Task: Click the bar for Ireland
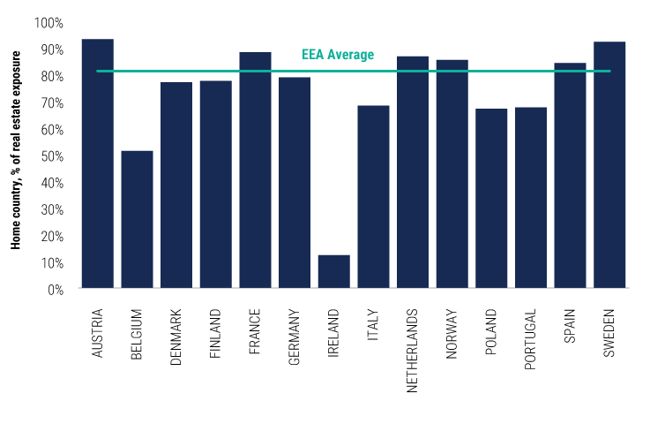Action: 334,271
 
